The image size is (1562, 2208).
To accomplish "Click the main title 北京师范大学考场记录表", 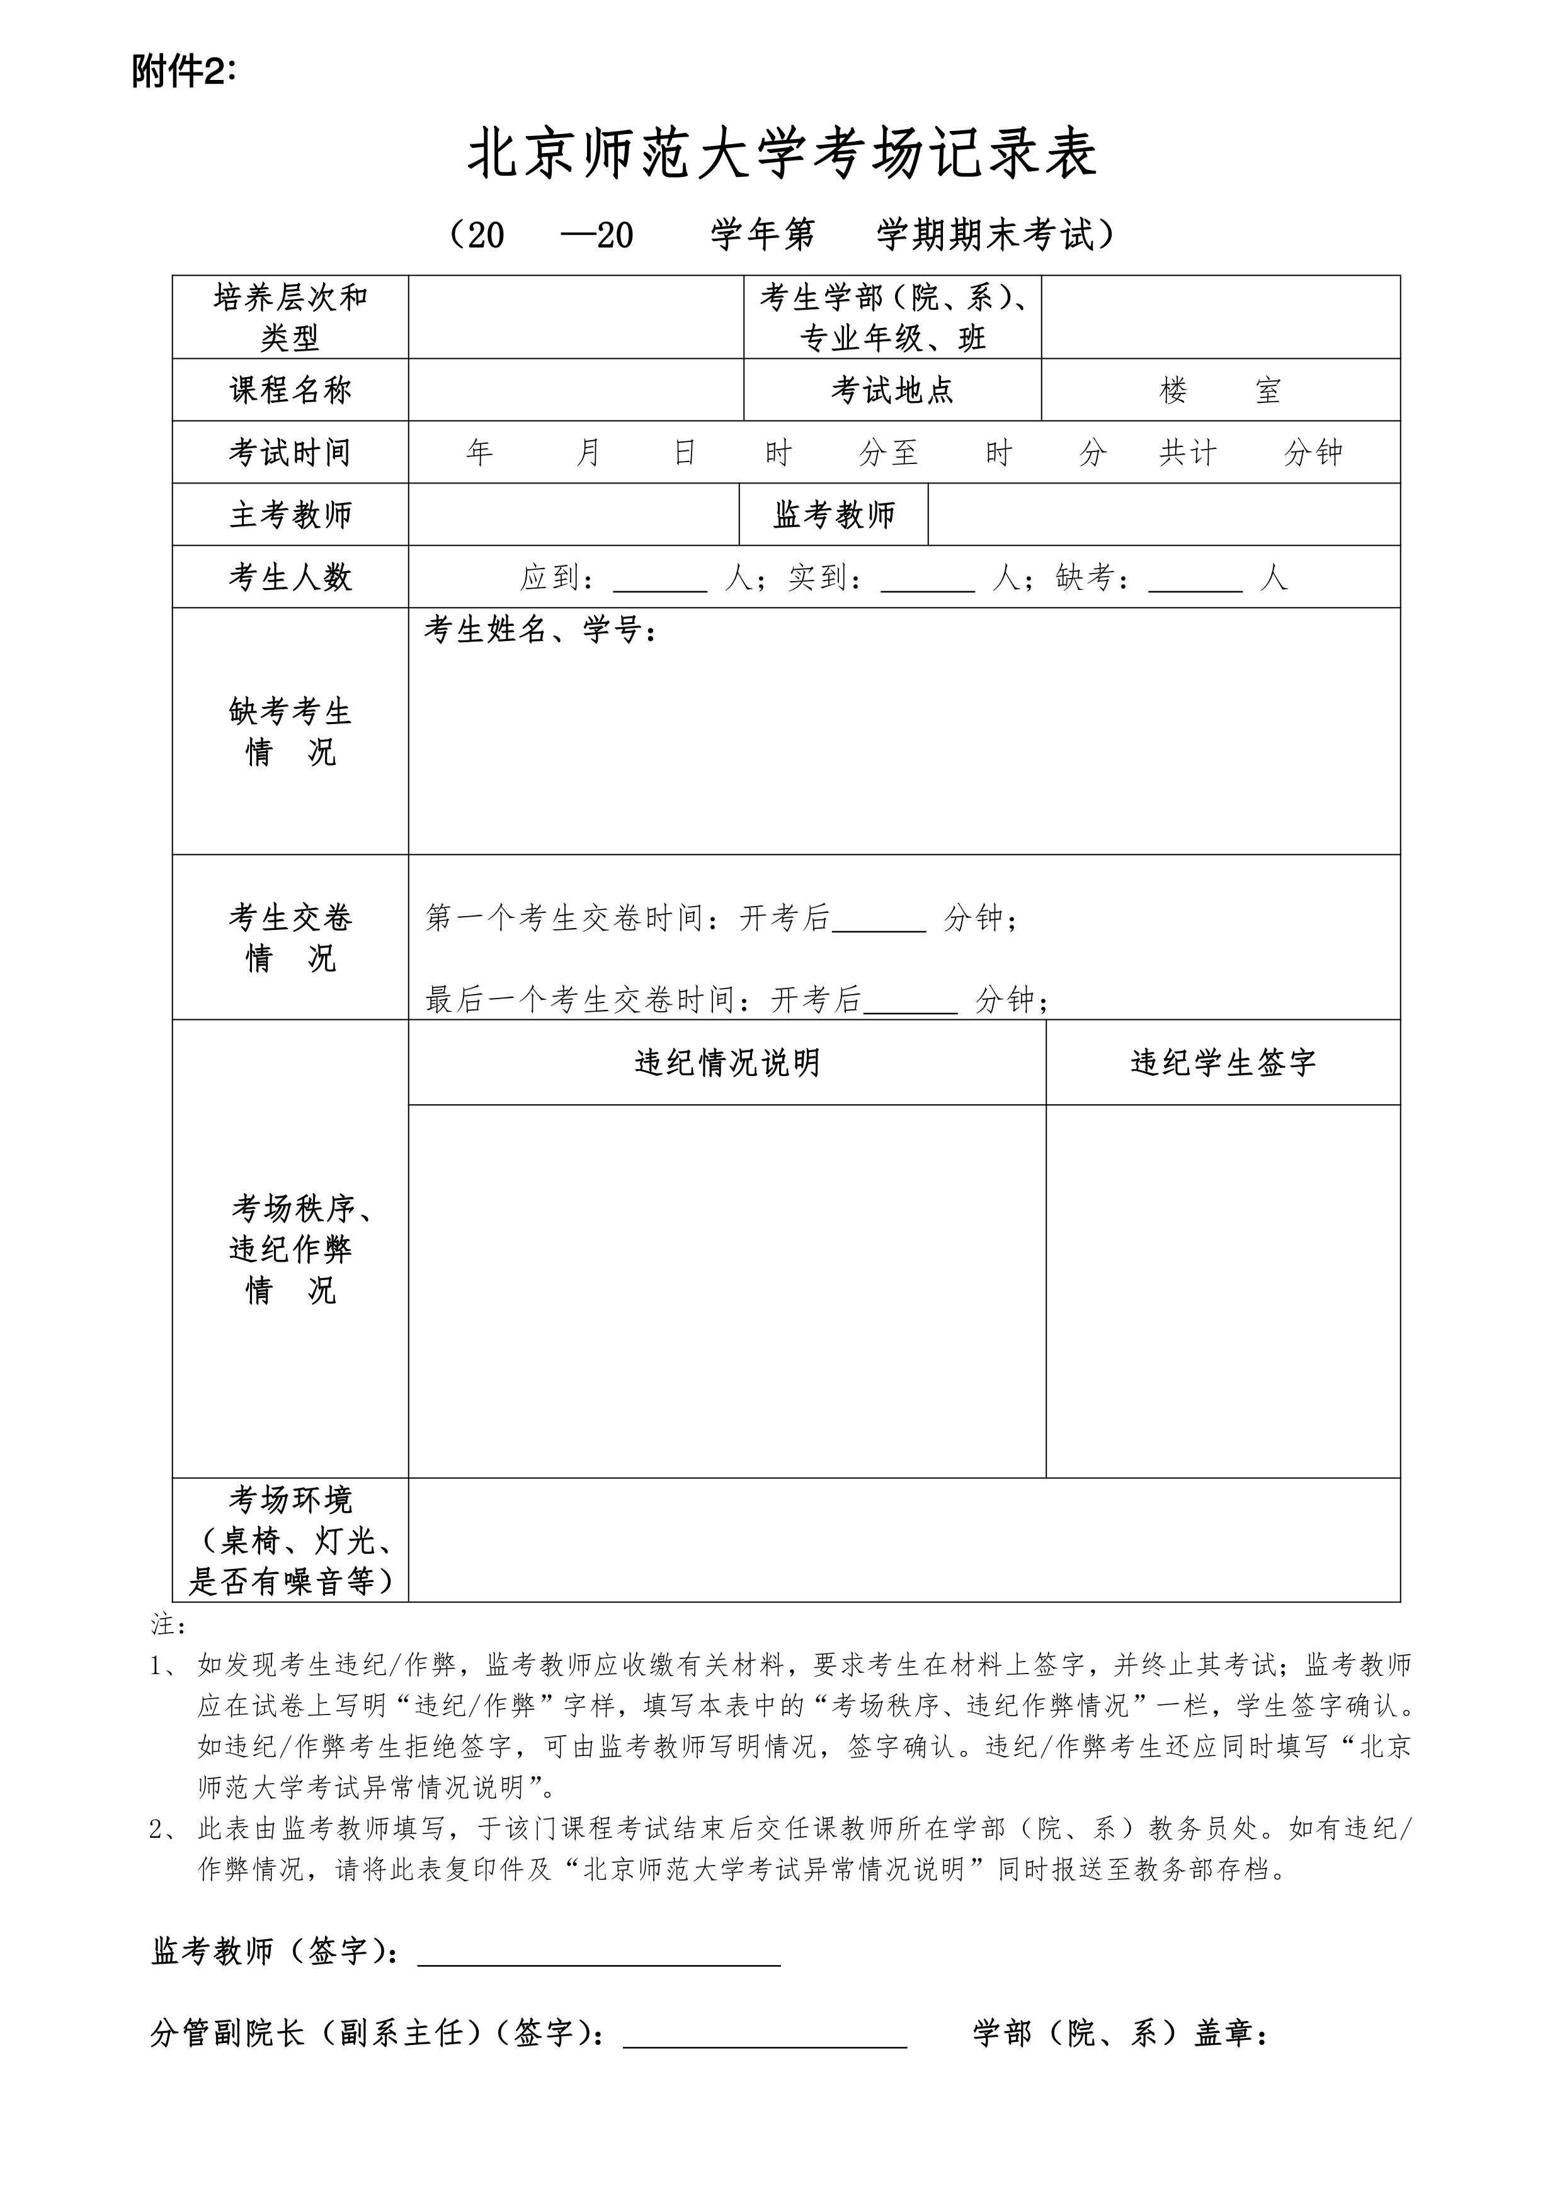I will click(x=781, y=156).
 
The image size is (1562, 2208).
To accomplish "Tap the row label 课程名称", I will click(x=290, y=390).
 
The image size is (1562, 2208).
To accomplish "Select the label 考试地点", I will click(x=892, y=390).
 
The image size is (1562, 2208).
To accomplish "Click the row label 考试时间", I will click(x=290, y=452).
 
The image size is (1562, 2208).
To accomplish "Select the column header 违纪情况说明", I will click(x=727, y=1063).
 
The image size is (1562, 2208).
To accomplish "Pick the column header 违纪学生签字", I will click(x=1223, y=1063).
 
